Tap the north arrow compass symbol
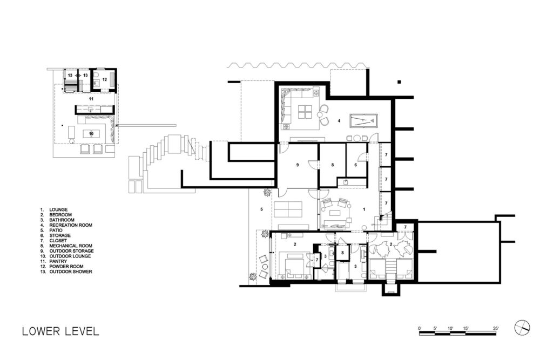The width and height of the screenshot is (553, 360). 522,328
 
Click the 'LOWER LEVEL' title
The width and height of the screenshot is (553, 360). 60,331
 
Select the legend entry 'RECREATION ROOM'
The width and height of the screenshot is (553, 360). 71,225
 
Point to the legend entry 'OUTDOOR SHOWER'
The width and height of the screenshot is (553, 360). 71,272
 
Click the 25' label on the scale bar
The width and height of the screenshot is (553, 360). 496,328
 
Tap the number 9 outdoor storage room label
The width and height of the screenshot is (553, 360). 298,165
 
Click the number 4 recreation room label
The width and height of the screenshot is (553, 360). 339,120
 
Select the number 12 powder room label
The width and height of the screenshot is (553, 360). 104,80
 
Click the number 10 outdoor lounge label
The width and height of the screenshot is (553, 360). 91,134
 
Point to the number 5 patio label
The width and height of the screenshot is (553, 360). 262,209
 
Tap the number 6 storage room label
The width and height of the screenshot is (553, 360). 355,165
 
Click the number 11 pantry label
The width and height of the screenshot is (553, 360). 91,99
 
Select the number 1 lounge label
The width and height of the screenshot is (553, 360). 364,209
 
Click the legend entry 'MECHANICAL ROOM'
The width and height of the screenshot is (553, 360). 71,246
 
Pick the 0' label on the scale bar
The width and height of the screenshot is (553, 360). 420,328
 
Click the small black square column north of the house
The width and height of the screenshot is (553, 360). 399,82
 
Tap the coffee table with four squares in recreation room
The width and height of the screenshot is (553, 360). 305,112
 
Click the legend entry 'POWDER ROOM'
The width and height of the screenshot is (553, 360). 66,267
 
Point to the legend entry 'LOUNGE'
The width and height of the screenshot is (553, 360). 58,209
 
